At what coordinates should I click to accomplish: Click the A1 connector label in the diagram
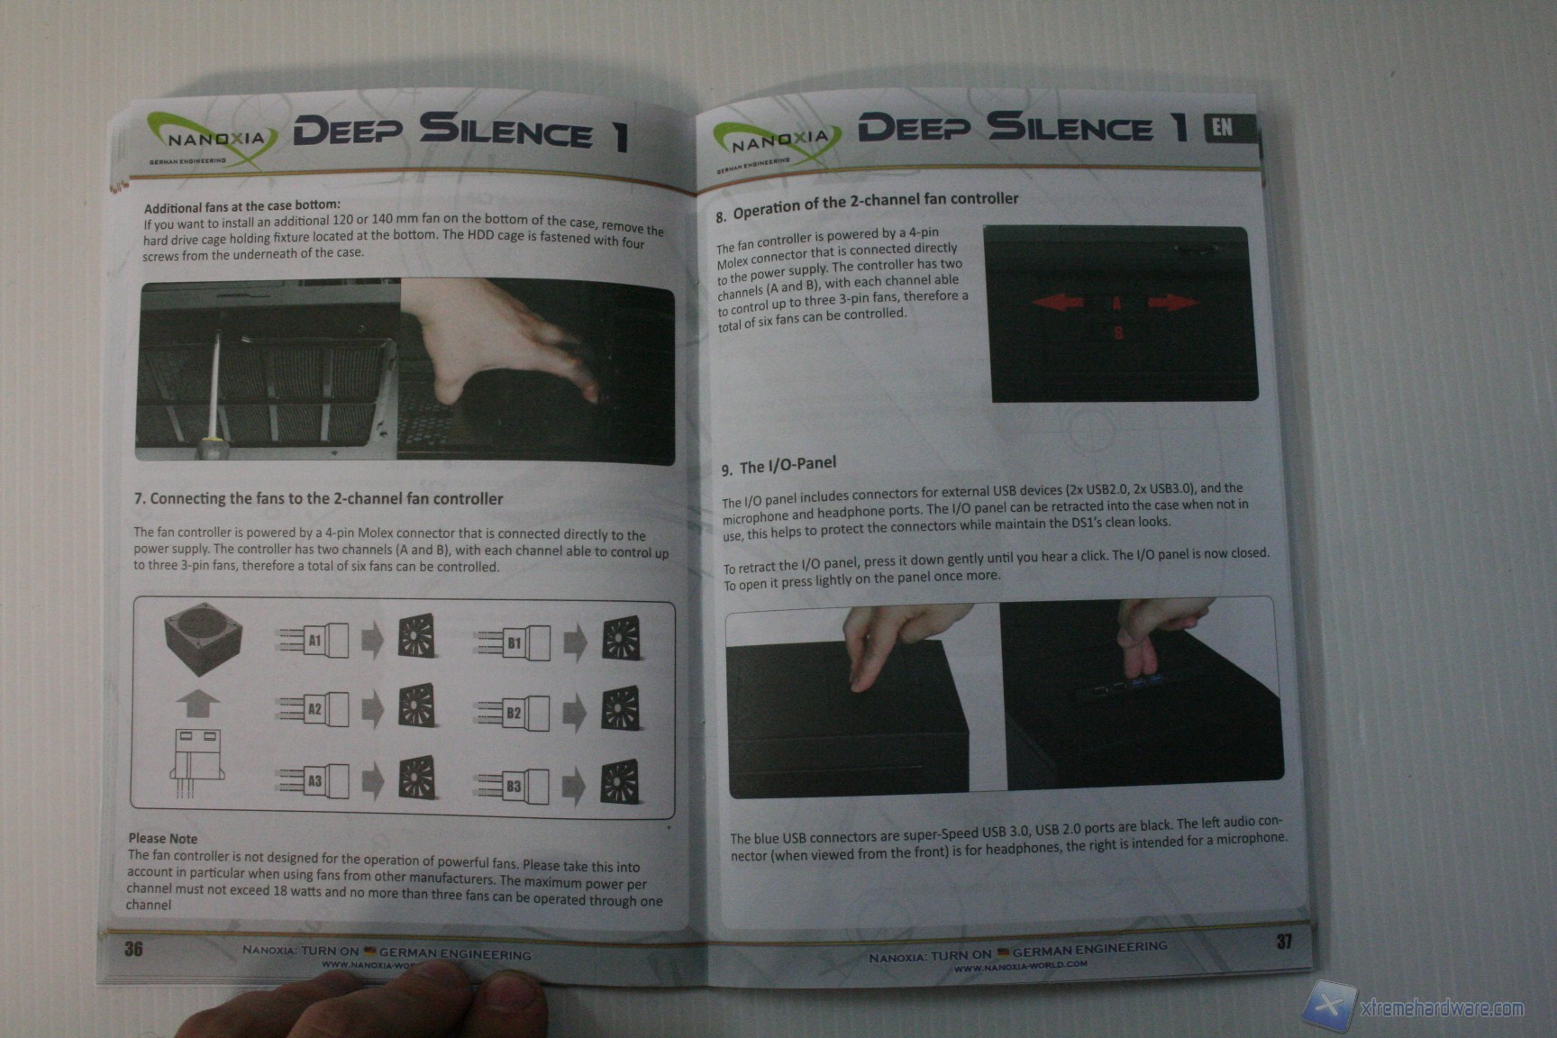click(314, 641)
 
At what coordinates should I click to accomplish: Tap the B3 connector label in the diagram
click(514, 786)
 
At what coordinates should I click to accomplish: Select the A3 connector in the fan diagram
click(314, 781)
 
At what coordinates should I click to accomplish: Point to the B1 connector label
click(514, 643)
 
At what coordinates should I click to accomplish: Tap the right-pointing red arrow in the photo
click(1174, 302)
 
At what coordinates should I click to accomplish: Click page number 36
click(133, 948)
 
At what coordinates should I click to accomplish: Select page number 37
click(1284, 942)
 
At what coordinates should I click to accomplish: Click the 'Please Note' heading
click(162, 838)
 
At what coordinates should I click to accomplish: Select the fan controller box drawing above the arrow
click(203, 641)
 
